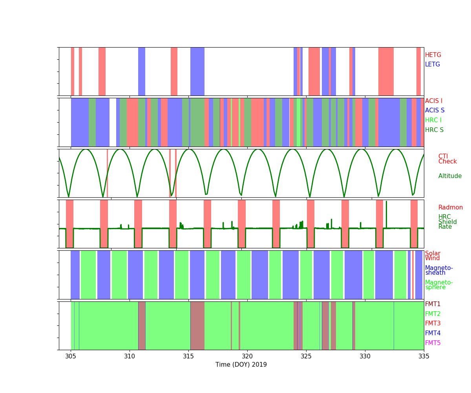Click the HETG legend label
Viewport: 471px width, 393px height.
[x=433, y=55]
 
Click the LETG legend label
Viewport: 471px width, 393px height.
[x=433, y=64]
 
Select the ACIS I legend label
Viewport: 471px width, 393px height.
[x=434, y=101]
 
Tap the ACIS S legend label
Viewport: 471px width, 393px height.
[x=435, y=110]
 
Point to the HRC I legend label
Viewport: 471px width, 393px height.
[x=433, y=120]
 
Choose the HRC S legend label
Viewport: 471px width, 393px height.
[x=434, y=130]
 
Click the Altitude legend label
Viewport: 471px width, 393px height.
[x=450, y=176]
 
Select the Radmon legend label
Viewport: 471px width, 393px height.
[x=451, y=208]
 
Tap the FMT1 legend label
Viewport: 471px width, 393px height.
[x=433, y=304]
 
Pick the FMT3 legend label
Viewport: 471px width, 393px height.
[x=433, y=323]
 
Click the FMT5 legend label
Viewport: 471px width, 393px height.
[x=433, y=343]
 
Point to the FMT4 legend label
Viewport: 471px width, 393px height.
[x=433, y=333]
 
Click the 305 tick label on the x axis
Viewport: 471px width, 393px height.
[x=71, y=356]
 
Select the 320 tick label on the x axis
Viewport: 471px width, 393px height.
[x=247, y=356]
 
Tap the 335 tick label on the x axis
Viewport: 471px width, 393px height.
[x=424, y=356]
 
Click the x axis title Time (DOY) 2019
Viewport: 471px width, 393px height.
[x=241, y=365]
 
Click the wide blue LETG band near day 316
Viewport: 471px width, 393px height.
[x=197, y=71]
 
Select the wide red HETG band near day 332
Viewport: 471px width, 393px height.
[x=386, y=71]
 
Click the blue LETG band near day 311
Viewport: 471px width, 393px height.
[x=142, y=71]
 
